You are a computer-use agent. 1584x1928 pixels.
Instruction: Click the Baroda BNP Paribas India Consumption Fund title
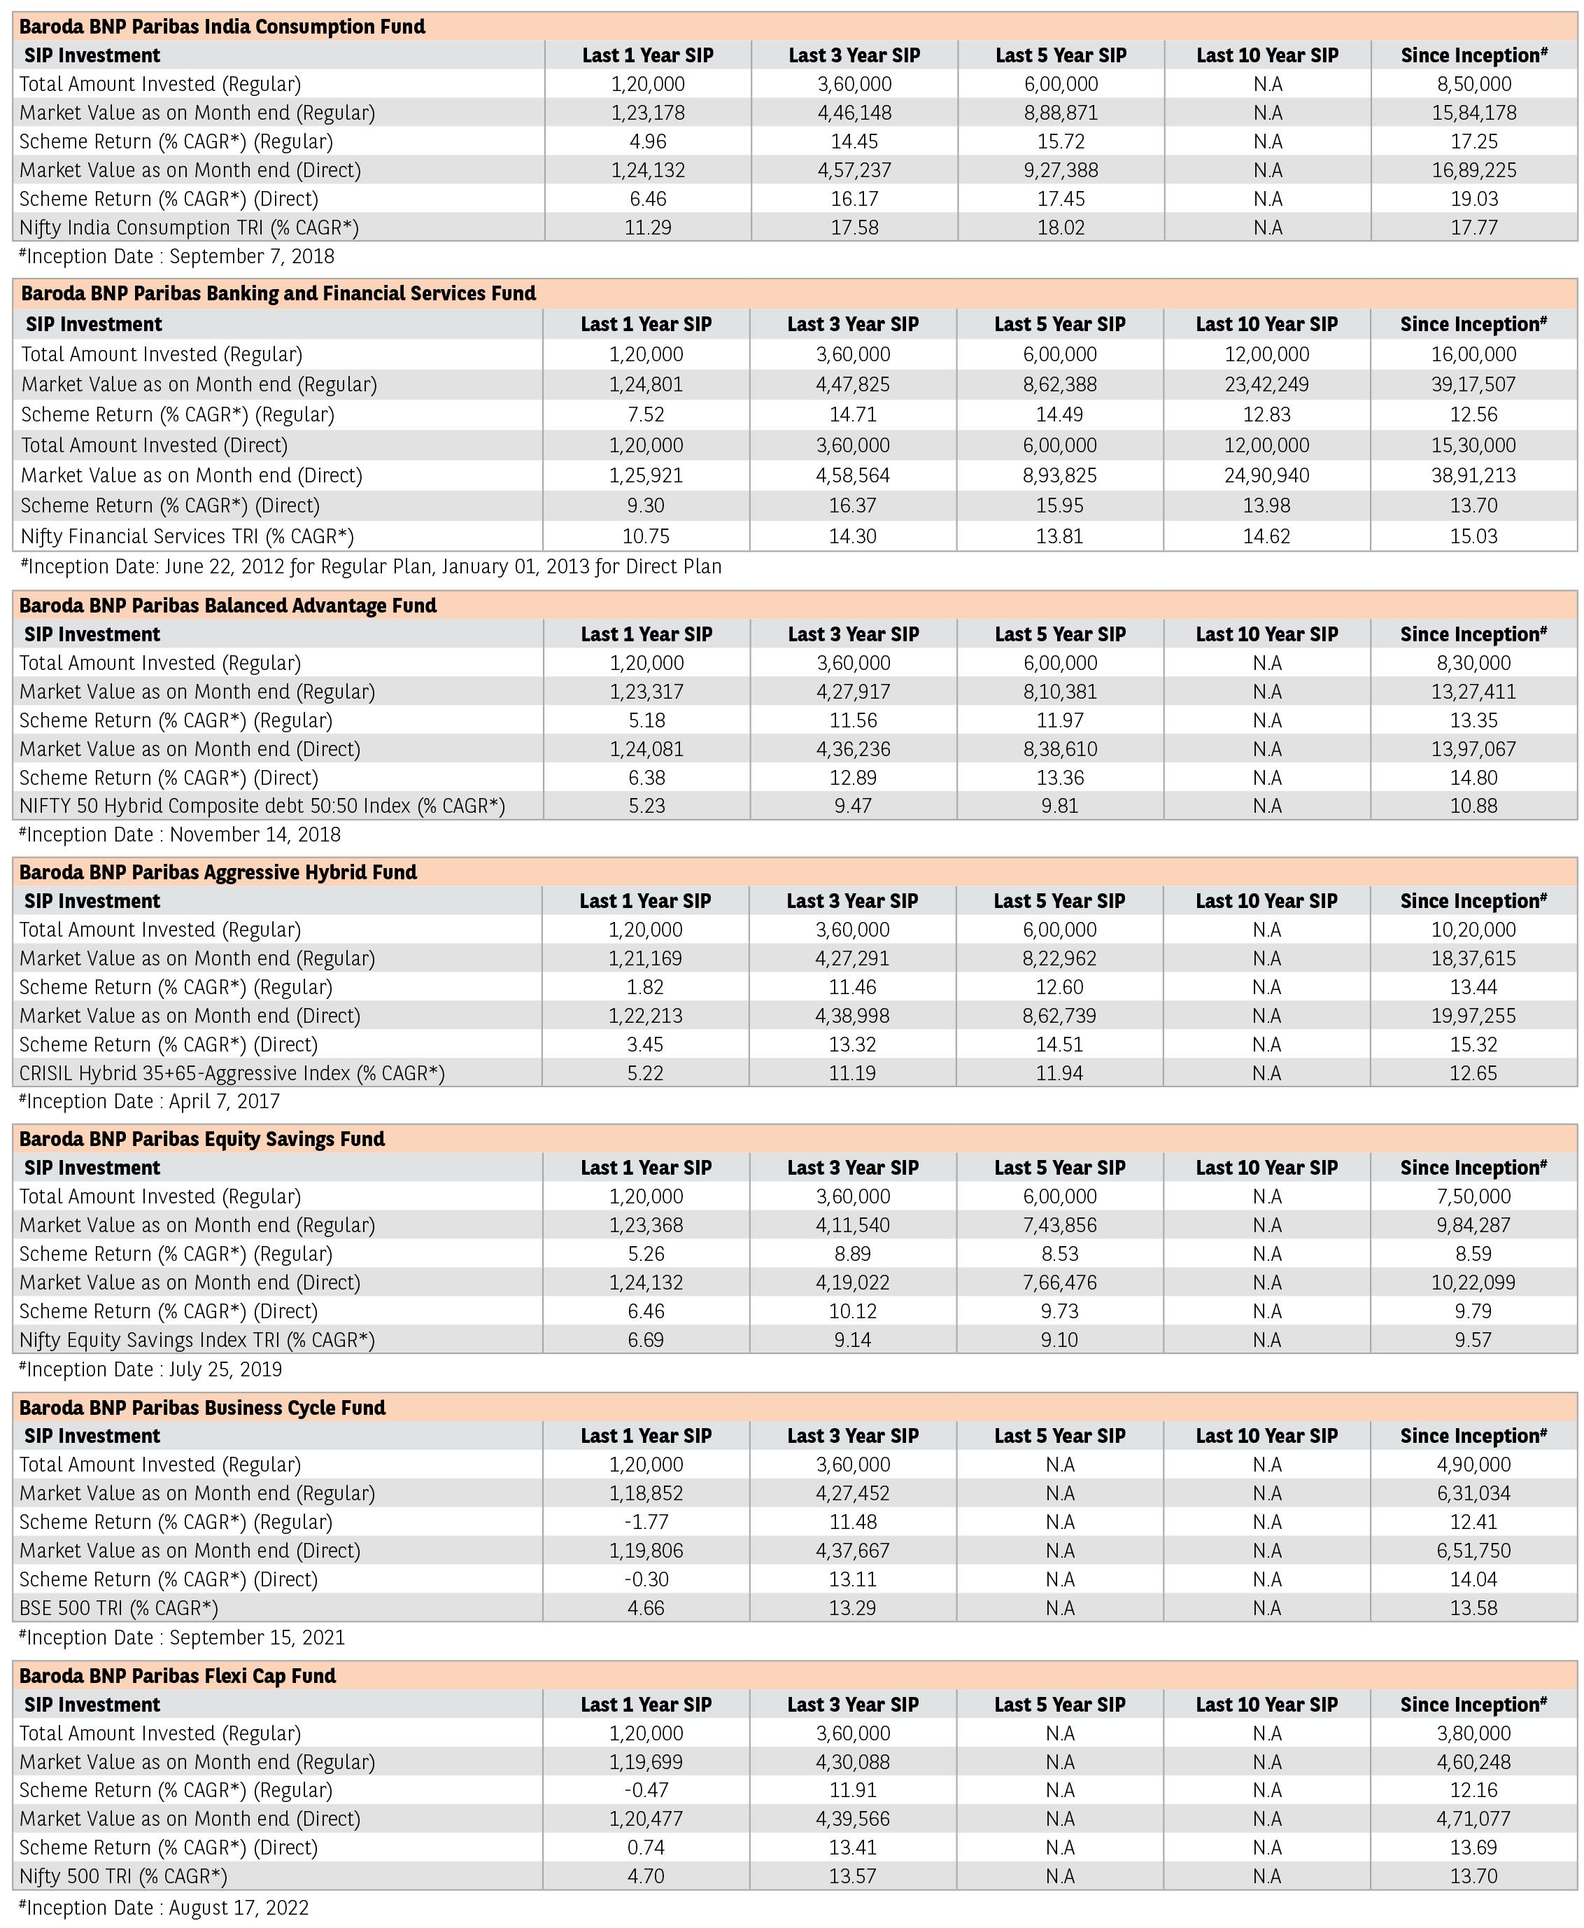(x=222, y=27)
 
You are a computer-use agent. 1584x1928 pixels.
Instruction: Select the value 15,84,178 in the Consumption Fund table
(x=1473, y=113)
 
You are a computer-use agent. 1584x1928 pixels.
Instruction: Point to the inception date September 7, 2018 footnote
(x=177, y=256)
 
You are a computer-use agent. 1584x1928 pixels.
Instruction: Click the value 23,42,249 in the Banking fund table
(x=1266, y=384)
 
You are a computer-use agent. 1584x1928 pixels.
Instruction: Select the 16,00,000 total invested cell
(x=1473, y=354)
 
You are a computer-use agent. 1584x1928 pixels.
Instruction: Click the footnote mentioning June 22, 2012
(x=370, y=567)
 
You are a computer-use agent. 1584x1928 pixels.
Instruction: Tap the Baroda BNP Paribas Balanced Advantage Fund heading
(x=228, y=606)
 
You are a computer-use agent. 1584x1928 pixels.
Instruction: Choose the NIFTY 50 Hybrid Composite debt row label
(x=262, y=806)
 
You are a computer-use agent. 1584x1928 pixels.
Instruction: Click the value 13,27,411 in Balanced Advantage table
(x=1473, y=692)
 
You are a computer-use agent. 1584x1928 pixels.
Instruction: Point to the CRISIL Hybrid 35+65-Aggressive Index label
(x=232, y=1073)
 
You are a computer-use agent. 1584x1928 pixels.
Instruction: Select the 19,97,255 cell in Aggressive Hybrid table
(x=1473, y=1016)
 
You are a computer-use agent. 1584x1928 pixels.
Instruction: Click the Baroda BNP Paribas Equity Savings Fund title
(x=201, y=1138)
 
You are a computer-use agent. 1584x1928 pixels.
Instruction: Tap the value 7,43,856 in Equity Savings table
(x=1059, y=1225)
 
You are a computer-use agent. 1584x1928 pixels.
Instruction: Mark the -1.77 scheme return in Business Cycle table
(x=647, y=1522)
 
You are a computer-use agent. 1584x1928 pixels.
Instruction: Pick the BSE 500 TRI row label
(x=119, y=1607)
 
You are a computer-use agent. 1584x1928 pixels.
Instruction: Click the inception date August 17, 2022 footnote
(x=164, y=1908)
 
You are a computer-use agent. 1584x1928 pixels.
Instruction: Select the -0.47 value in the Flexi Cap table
(x=647, y=1790)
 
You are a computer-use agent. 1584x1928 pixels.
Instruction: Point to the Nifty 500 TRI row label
(x=123, y=1876)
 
